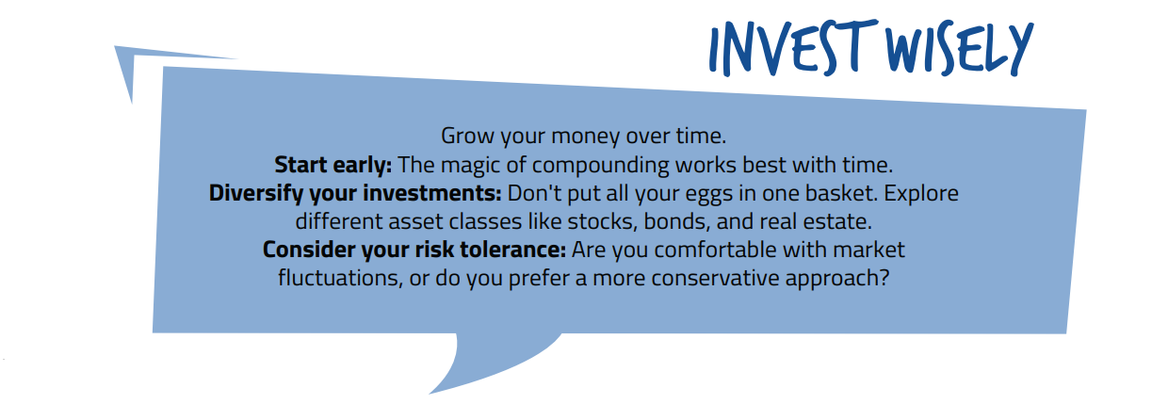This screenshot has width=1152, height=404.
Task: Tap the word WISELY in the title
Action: pyautogui.click(x=960, y=49)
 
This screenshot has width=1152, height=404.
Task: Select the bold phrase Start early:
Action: pyautogui.click(x=333, y=165)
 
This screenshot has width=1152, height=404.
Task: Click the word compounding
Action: pyautogui.click(x=600, y=167)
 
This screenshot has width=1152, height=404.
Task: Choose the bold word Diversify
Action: pyautogui.click(x=255, y=194)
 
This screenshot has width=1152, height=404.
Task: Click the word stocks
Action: pyautogui.click(x=602, y=222)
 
